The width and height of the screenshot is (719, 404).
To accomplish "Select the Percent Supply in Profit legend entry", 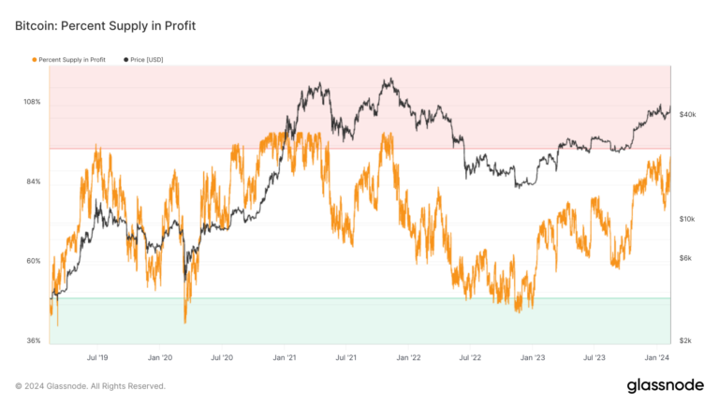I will (x=72, y=59).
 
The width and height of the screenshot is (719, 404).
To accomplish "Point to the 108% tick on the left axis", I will (x=32, y=101).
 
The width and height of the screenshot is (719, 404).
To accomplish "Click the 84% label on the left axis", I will (x=33, y=181).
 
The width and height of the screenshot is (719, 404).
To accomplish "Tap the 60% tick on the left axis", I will (x=33, y=261).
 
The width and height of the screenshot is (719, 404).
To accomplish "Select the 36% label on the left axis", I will (x=33, y=340).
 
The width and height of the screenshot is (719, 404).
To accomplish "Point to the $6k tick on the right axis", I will (x=686, y=258).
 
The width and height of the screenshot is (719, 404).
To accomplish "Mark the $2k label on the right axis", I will (x=686, y=340).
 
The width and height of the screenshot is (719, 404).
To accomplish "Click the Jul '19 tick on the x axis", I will (x=97, y=357).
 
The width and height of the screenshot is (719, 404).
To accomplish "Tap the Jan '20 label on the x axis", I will (x=160, y=357).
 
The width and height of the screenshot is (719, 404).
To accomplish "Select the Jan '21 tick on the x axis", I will (x=285, y=357).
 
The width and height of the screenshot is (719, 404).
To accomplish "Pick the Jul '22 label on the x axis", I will (x=470, y=357).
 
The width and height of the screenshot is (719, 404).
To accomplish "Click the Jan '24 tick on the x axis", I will (x=656, y=357).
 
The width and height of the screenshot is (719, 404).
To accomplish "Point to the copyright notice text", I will (x=90, y=385).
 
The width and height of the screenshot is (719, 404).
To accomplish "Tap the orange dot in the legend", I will (x=35, y=59).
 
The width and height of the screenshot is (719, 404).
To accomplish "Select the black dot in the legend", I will (x=125, y=59).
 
